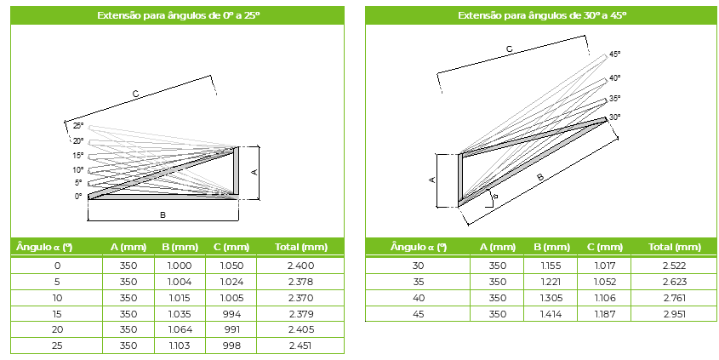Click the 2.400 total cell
click(301, 266)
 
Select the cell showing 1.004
click(180, 282)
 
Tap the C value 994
click(231, 314)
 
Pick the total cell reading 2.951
click(674, 314)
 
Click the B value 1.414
click(551, 314)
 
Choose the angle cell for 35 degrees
click(418, 282)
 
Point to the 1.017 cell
click(604, 266)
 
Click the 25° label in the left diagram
click(78, 126)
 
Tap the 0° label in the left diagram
click(78, 197)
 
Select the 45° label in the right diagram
click(615, 54)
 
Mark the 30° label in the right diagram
click(615, 117)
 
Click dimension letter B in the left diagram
click(163, 214)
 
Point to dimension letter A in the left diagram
click(254, 173)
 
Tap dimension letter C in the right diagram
click(509, 49)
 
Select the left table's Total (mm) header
click(301, 247)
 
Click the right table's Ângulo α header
click(418, 247)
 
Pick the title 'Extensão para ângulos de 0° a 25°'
click(179, 15)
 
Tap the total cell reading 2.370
click(301, 298)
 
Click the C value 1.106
click(604, 298)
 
